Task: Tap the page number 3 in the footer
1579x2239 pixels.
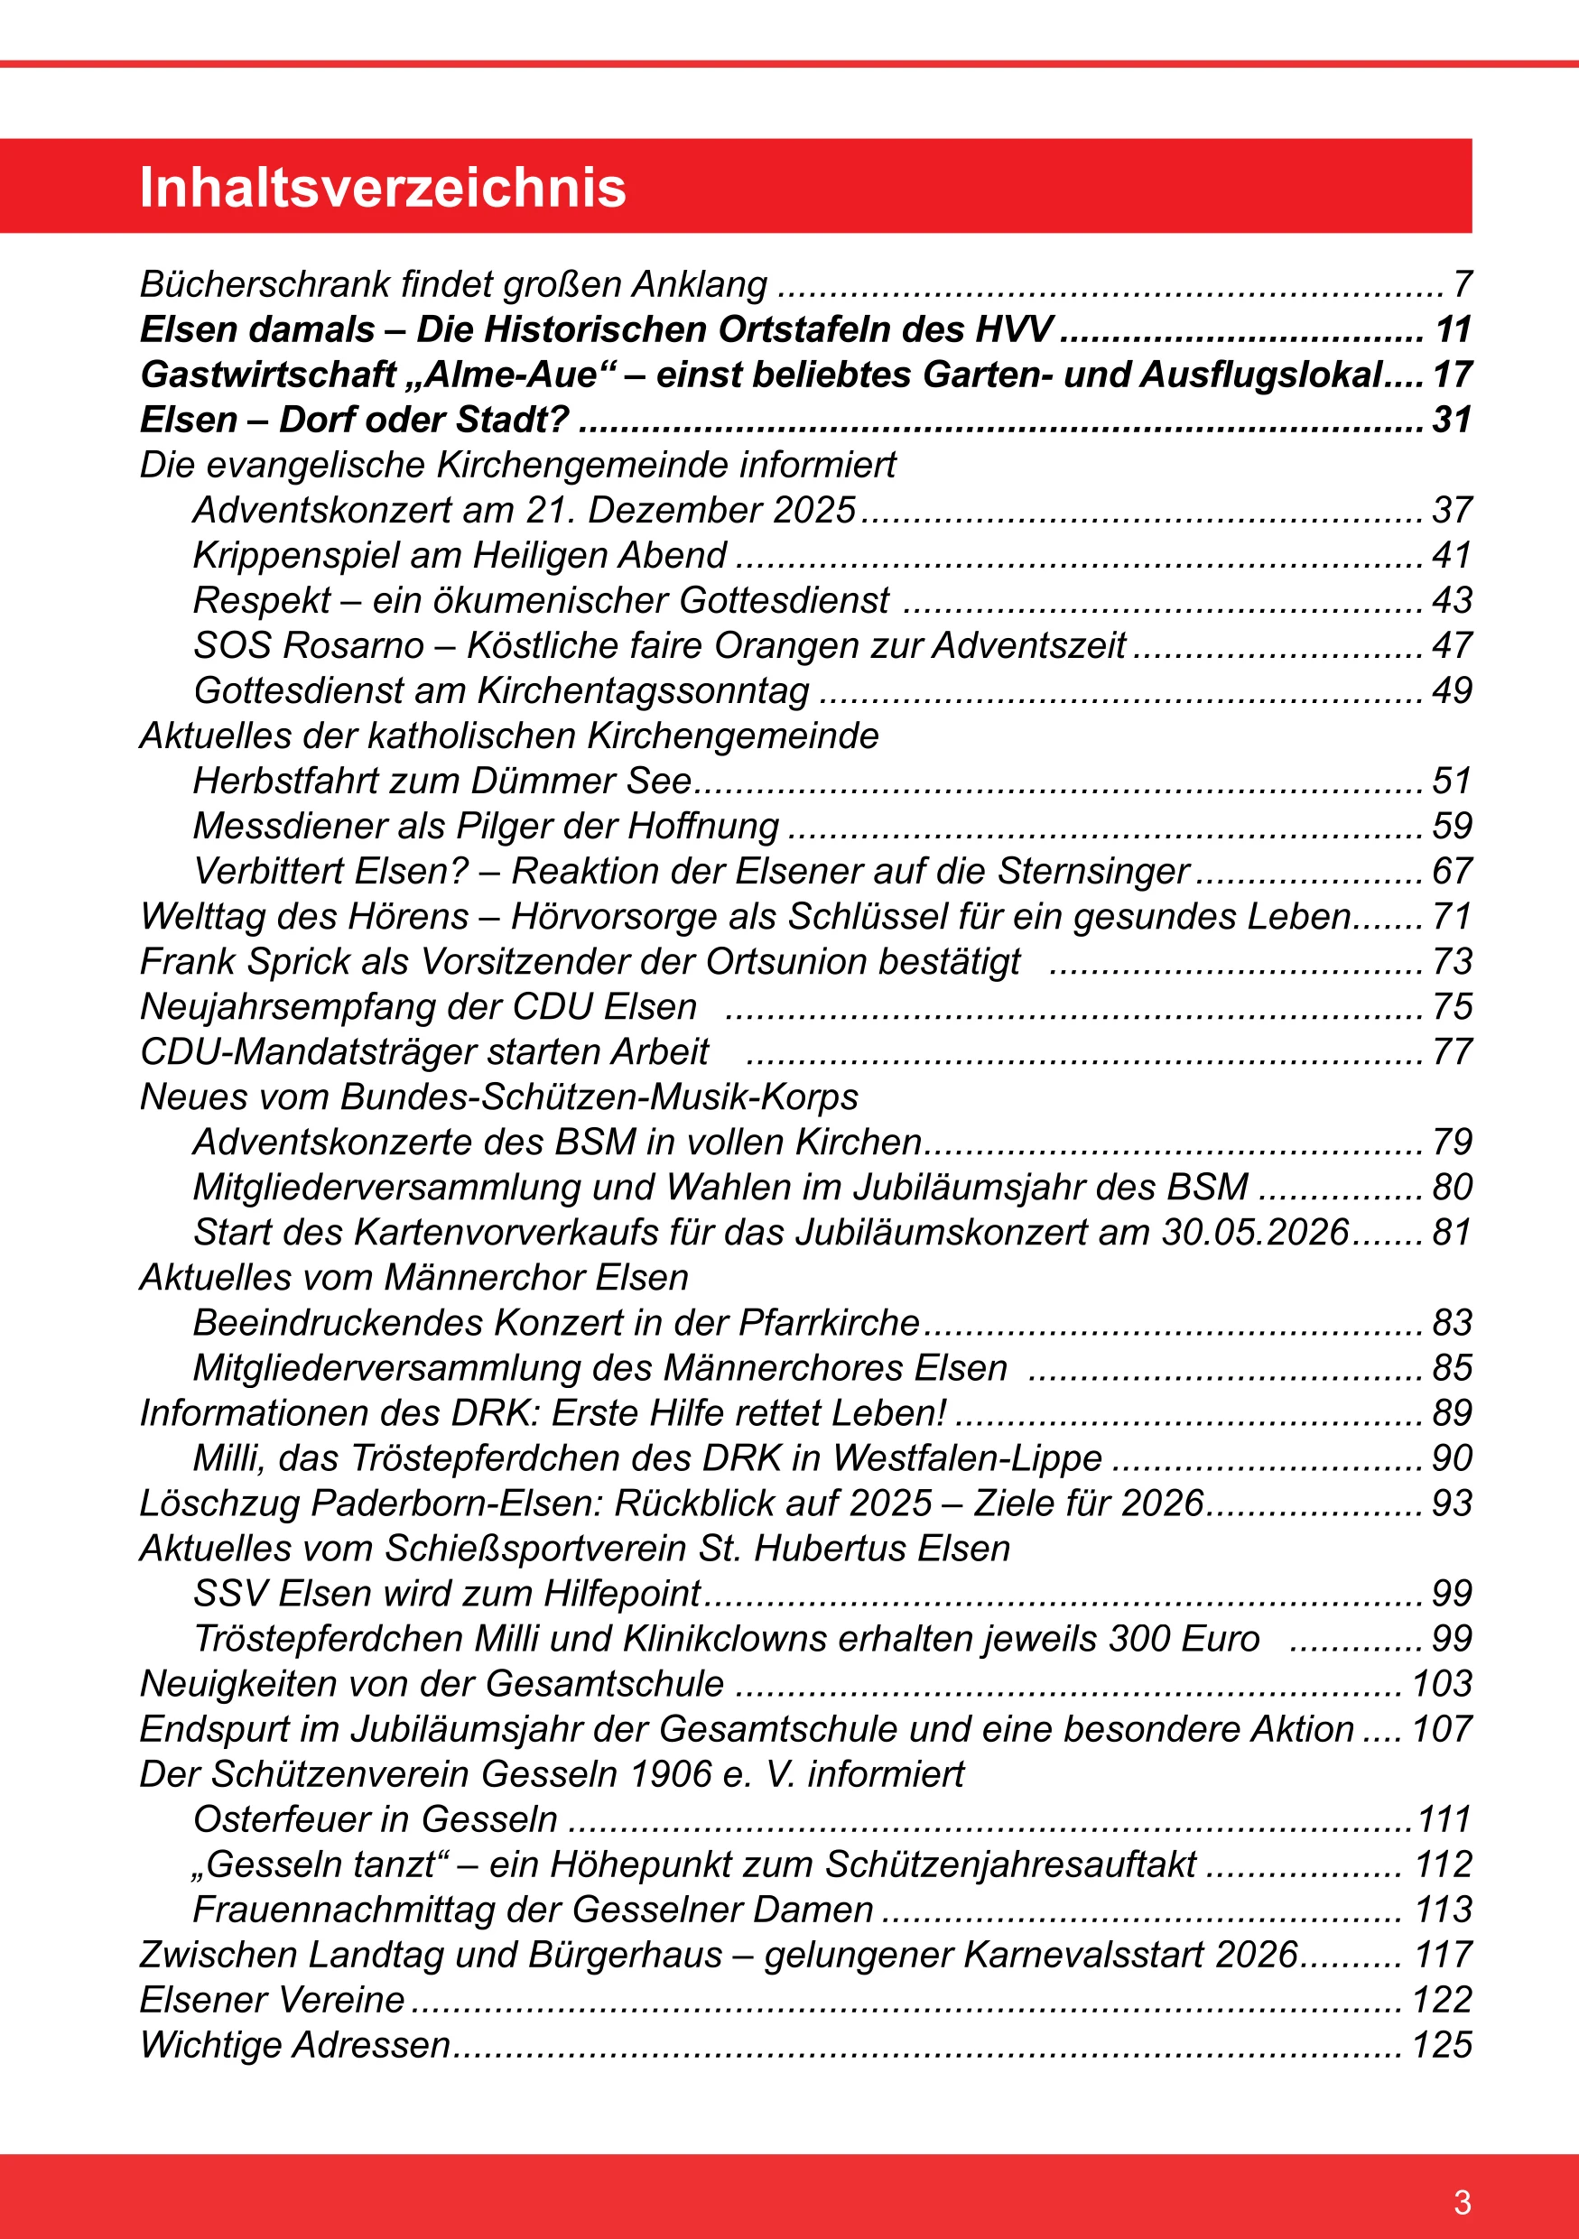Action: (x=1462, y=2202)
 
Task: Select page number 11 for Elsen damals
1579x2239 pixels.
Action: (x=1453, y=329)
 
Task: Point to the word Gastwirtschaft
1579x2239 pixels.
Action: (x=268, y=375)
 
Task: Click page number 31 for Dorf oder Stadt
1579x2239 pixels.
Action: (x=1451, y=421)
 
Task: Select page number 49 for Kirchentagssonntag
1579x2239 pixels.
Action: (x=1451, y=690)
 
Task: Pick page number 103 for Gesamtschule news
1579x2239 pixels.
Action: (x=1442, y=1684)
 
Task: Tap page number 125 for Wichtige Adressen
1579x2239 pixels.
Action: (x=1442, y=2045)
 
